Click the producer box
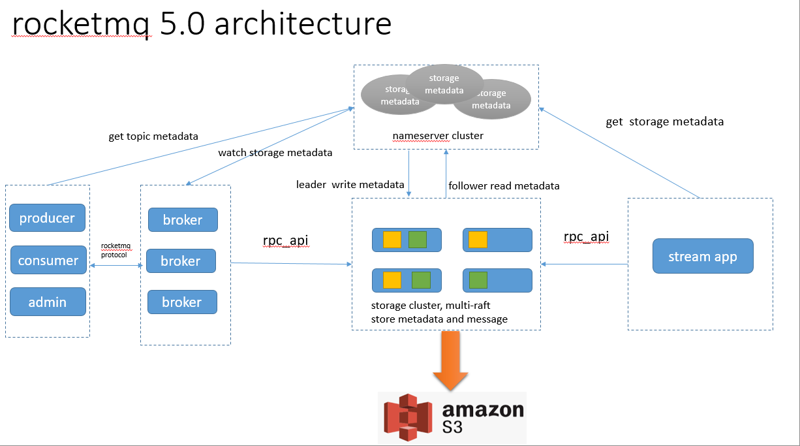(x=47, y=218)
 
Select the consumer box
(x=48, y=260)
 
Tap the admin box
(x=48, y=302)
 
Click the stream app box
(x=703, y=256)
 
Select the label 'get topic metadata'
(x=153, y=136)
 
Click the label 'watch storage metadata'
(x=275, y=153)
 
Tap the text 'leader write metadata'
(x=350, y=185)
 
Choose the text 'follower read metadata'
(x=504, y=185)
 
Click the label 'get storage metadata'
(x=664, y=121)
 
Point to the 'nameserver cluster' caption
(x=438, y=136)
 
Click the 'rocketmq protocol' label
(x=116, y=250)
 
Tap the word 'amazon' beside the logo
(x=483, y=409)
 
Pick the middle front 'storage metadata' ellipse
(x=444, y=84)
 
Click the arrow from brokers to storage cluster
(x=290, y=263)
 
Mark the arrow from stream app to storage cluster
(x=584, y=264)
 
